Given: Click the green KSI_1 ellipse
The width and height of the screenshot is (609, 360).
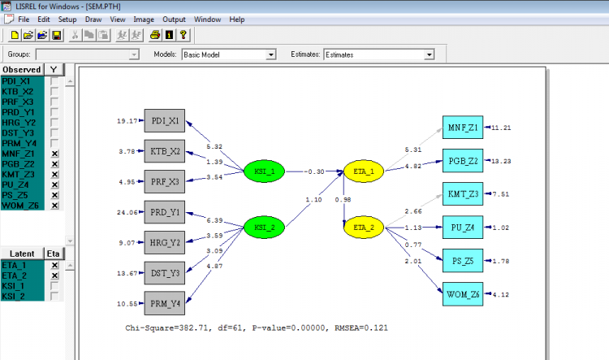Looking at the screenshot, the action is coord(264,171).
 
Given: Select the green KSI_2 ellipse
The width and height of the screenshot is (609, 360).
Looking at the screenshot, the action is coord(264,227).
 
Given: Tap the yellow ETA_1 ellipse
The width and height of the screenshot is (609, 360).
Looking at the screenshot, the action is coord(364,171).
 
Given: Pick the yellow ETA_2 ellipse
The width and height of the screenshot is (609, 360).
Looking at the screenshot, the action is coord(364,227).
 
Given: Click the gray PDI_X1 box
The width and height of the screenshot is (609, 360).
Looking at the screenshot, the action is coord(165,121).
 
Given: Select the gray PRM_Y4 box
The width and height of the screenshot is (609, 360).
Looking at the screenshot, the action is coord(165,303).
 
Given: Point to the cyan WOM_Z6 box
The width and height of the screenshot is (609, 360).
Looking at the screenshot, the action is coord(463,294).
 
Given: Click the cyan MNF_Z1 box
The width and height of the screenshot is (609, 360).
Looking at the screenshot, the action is coord(463,127).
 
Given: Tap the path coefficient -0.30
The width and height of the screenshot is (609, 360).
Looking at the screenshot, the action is coord(314,171).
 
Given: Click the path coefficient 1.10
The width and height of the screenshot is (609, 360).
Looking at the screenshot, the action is coord(313,199).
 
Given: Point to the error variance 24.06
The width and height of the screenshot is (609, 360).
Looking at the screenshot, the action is coord(127,212).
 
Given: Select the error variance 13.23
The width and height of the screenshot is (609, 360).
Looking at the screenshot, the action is coord(501,161).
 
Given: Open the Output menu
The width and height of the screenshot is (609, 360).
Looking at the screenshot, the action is coord(174,20).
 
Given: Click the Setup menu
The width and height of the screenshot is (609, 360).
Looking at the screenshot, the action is coord(67,20).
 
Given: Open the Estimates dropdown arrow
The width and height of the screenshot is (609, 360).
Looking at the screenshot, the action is coord(430,54).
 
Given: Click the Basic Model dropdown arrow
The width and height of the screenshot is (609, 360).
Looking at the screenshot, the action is coord(271,54).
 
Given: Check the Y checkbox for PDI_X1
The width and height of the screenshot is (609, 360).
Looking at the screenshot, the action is coord(54,81).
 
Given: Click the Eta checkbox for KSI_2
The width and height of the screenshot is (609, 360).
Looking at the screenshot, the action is coord(54,297).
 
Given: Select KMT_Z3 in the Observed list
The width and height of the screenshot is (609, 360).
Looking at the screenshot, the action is coord(18,174).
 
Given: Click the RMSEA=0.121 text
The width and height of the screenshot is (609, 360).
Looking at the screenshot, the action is coord(361,327).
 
